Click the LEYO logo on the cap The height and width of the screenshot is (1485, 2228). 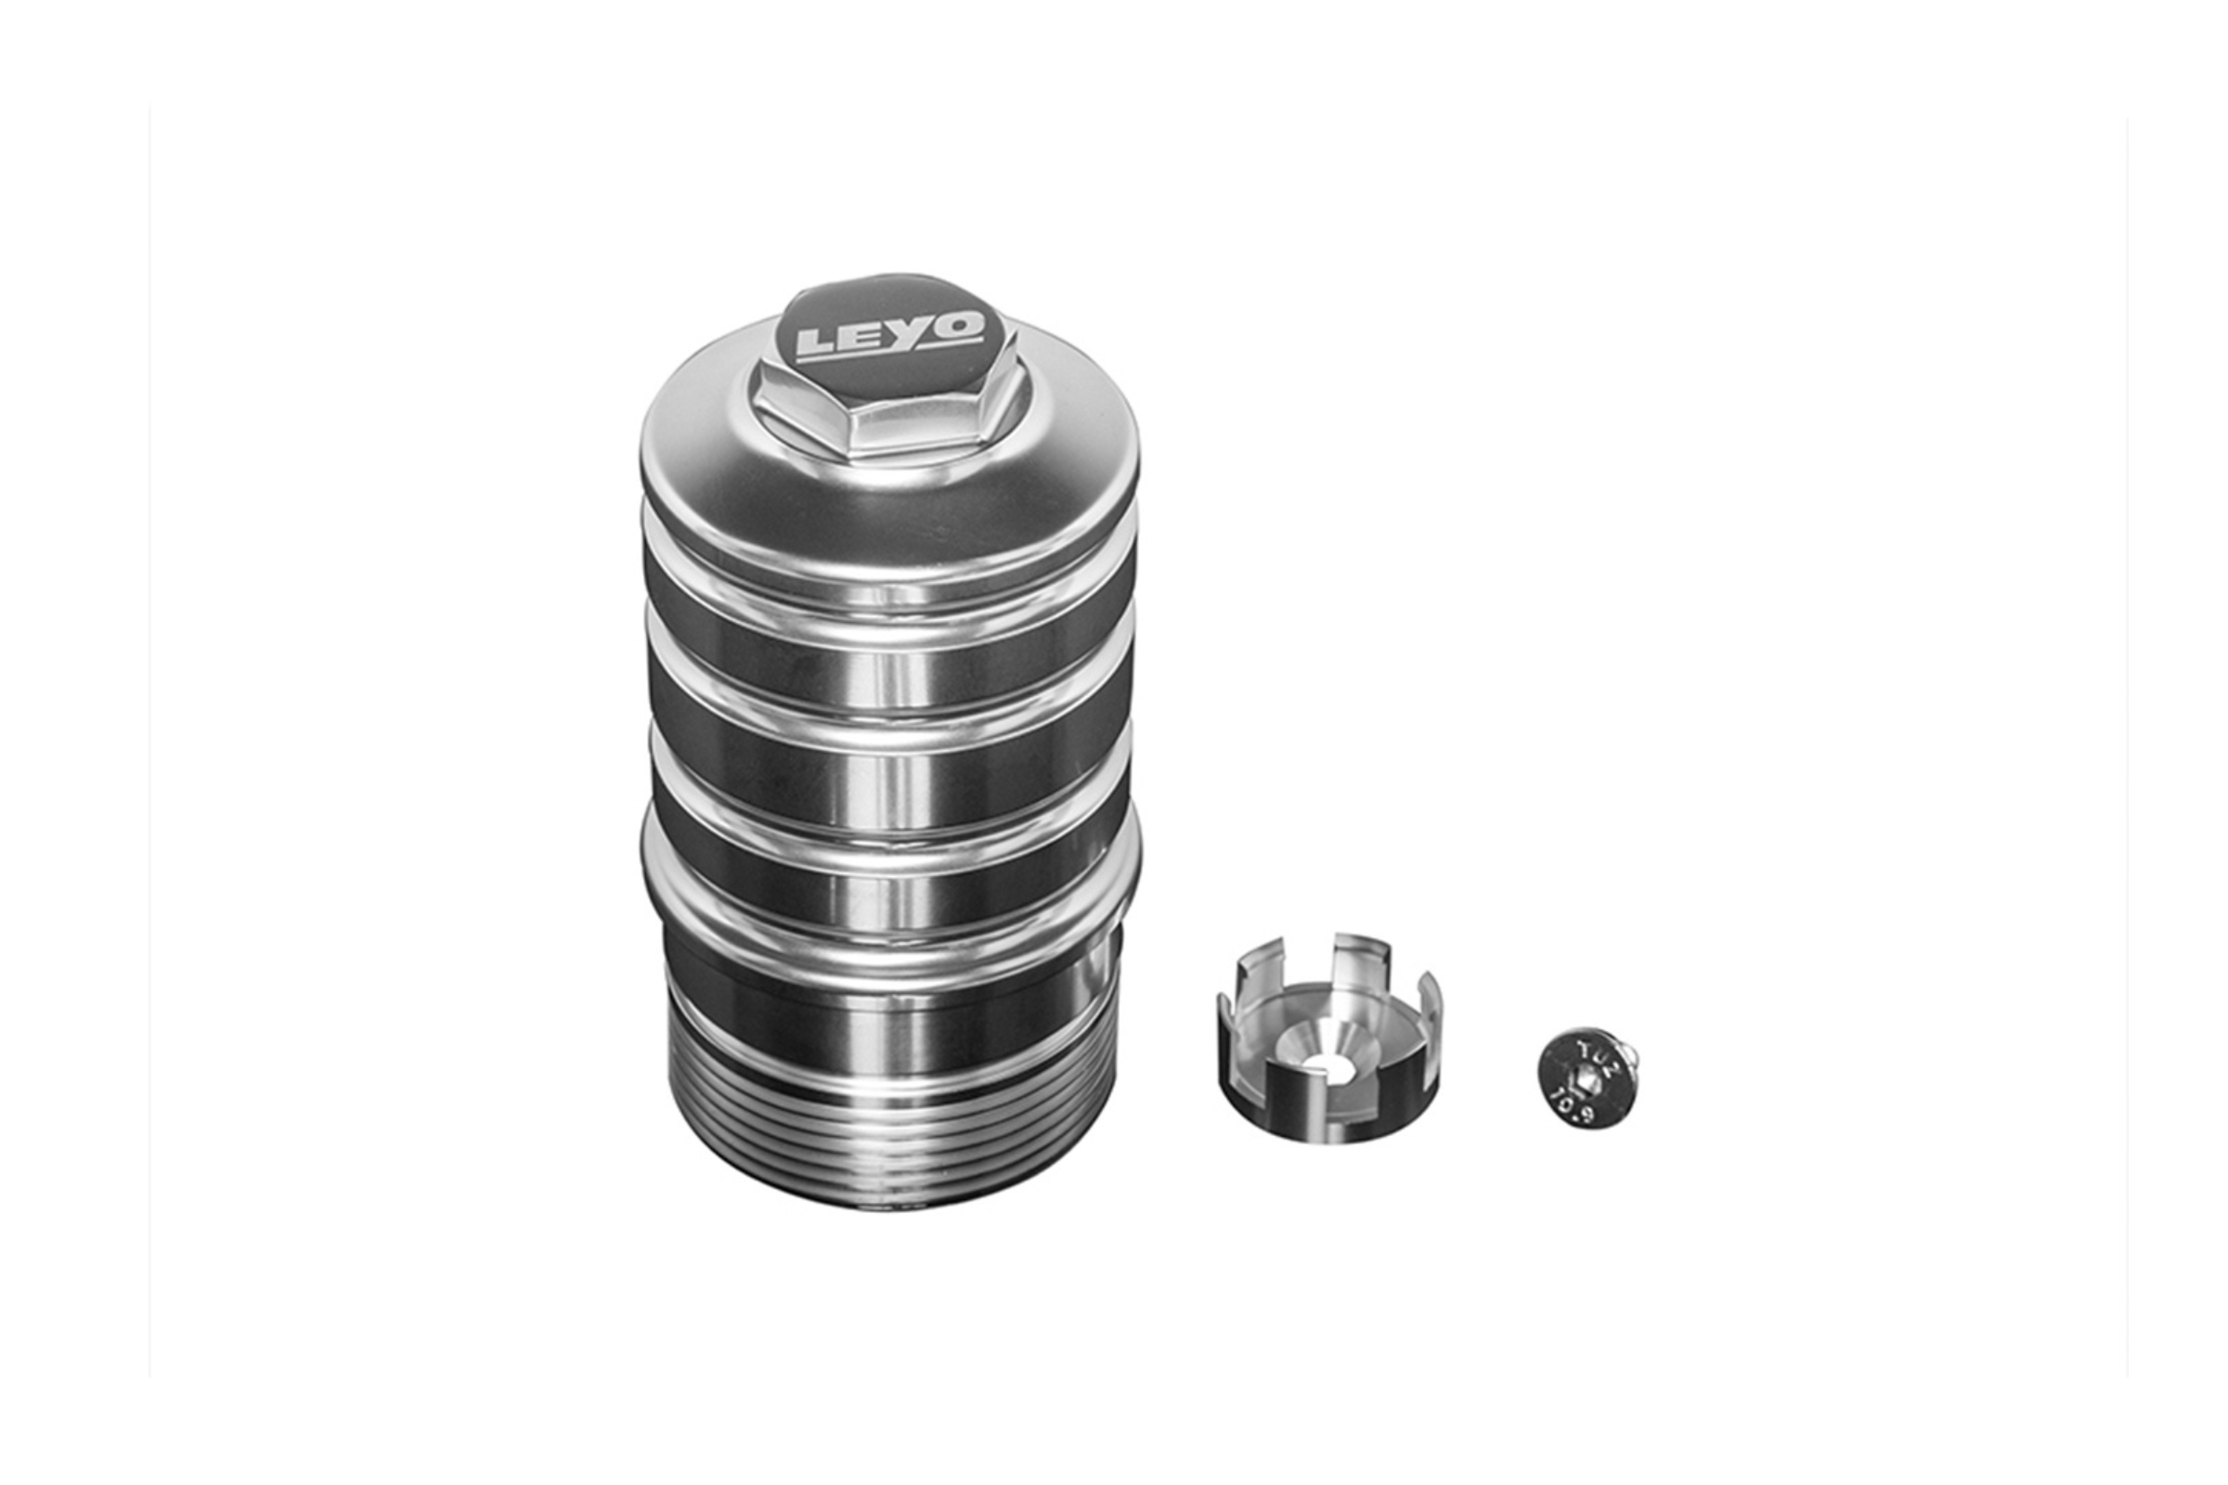[888, 335]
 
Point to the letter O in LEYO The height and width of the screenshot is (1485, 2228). [958, 327]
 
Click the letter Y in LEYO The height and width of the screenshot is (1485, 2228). [912, 332]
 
